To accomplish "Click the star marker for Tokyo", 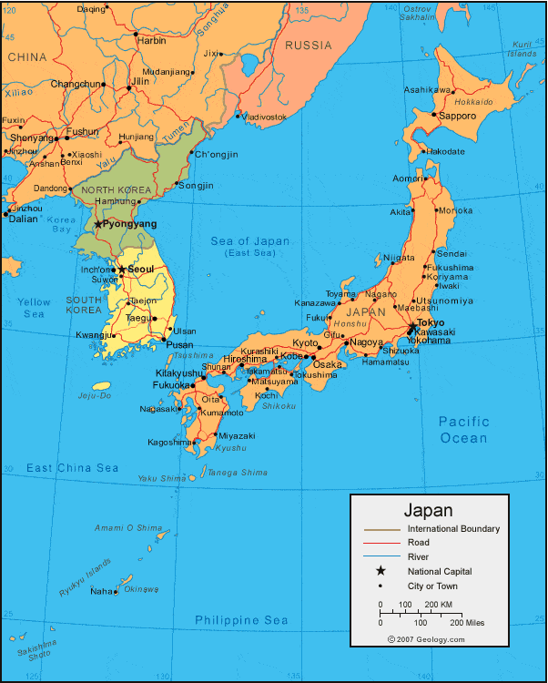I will (411, 324).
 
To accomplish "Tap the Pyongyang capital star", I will (98, 223).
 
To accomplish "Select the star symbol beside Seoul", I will (121, 270).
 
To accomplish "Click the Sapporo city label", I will (457, 117).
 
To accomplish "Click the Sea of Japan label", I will (250, 241).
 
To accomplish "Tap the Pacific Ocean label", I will (463, 430).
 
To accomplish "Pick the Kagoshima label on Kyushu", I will (170, 443).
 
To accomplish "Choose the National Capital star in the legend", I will (381, 571).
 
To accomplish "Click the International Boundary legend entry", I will (453, 529).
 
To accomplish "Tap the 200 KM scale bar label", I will (439, 605).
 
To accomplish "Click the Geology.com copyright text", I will (426, 639).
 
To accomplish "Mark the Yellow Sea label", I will (34, 308).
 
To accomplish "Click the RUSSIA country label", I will (309, 45).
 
